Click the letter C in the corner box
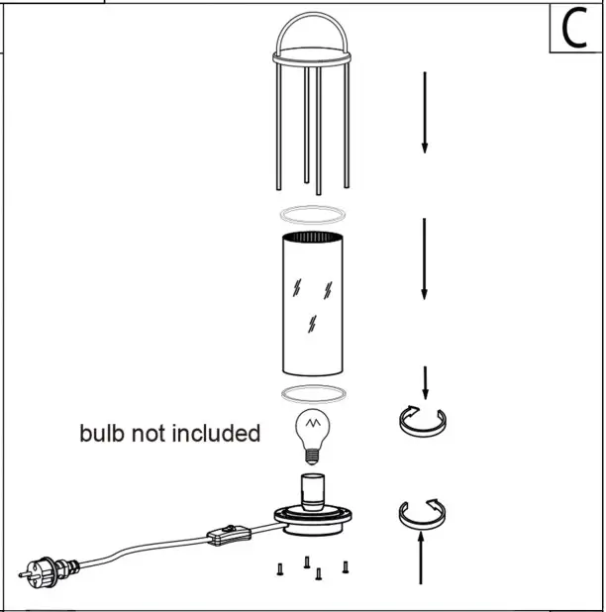(574, 29)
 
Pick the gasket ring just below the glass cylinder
(312, 394)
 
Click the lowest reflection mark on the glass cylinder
(313, 324)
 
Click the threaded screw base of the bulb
(312, 457)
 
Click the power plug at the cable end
(40, 570)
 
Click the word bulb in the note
(102, 434)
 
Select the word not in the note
(150, 434)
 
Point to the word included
(217, 434)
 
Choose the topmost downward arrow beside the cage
(425, 111)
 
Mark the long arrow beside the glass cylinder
(425, 259)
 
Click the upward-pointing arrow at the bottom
(423, 560)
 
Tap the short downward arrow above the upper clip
(425, 381)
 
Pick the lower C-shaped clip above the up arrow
(423, 513)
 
